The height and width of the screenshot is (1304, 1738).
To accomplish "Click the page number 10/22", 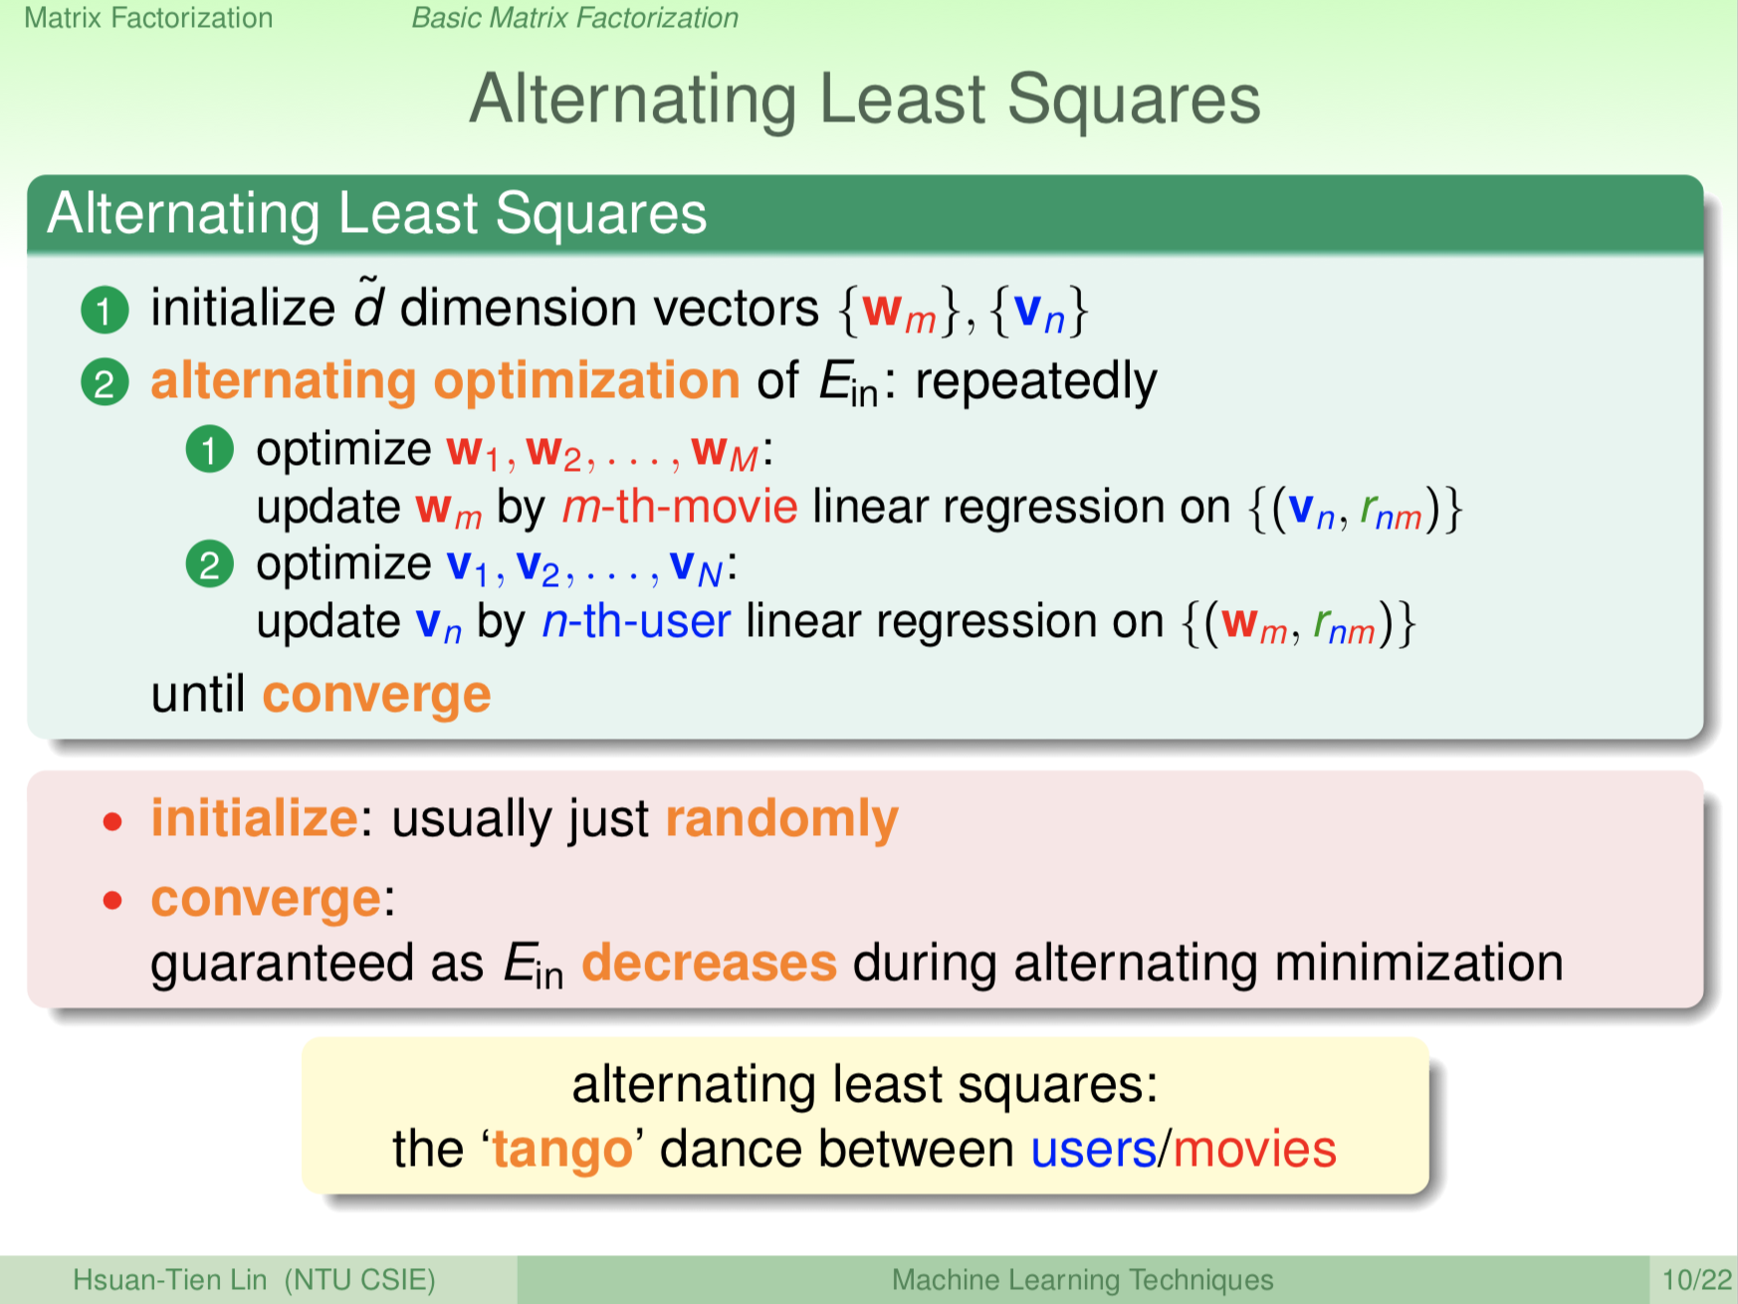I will (1696, 1279).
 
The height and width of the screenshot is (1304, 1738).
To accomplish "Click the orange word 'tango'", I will (562, 1150).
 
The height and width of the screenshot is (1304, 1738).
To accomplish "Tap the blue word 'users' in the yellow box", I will (1093, 1150).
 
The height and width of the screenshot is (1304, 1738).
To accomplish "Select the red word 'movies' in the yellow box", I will (1254, 1150).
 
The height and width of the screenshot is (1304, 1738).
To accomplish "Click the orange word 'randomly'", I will (781, 819).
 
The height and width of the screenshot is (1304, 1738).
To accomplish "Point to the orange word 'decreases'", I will (709, 964).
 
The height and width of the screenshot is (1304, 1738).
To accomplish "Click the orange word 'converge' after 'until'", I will (376, 695).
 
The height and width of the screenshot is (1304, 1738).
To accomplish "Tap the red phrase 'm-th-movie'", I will (680, 508).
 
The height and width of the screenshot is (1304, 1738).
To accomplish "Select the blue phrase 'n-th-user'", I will (636, 622).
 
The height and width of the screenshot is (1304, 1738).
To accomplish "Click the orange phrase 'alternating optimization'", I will (445, 381).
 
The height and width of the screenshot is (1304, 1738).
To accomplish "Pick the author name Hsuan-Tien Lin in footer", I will (169, 1279).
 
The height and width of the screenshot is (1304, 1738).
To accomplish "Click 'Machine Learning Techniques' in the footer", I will (1082, 1279).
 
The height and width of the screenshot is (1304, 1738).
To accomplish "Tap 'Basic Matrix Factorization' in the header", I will (574, 18).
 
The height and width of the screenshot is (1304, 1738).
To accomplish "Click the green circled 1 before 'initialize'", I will (105, 310).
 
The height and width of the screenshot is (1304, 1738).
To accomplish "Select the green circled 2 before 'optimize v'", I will (209, 565).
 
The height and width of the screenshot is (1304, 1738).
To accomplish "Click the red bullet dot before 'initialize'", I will (113, 822).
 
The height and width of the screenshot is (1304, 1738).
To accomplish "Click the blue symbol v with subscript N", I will (695, 566).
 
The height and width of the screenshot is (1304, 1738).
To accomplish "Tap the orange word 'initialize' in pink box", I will (254, 819).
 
